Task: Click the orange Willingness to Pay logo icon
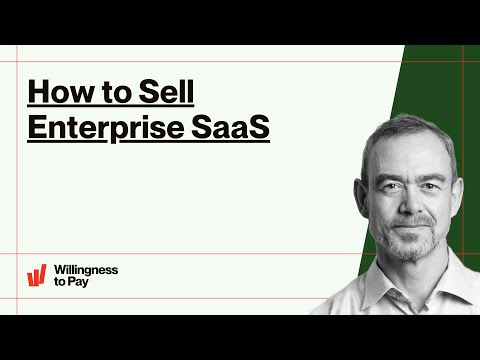38,275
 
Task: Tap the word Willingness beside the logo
88,270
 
